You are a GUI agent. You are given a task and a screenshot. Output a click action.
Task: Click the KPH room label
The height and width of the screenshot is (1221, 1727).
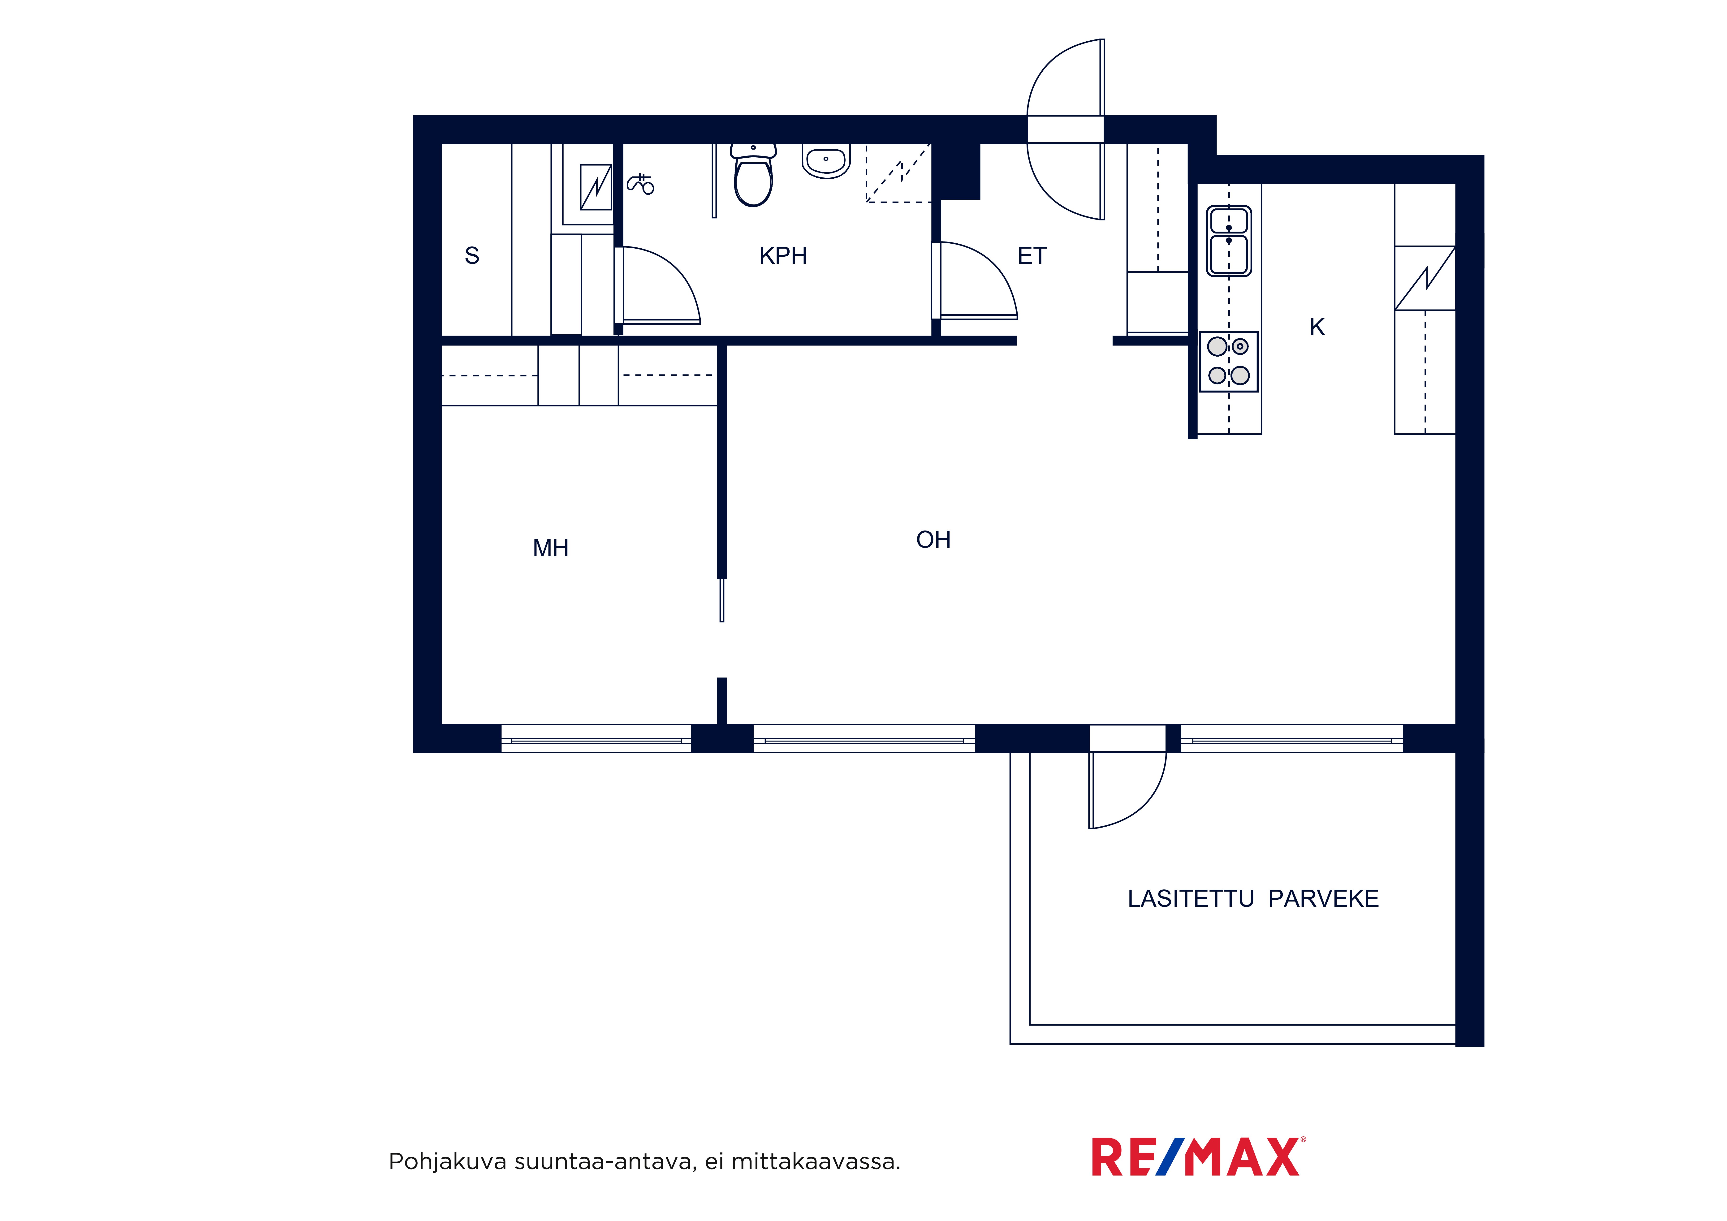[783, 256]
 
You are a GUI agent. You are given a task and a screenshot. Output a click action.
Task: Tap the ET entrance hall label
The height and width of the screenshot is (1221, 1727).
[1032, 256]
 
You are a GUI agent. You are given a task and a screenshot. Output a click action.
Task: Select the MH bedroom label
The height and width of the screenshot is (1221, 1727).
[551, 548]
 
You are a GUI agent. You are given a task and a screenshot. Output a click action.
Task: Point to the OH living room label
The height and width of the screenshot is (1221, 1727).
[933, 539]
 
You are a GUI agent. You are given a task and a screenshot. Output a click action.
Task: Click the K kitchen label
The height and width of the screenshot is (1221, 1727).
[1317, 327]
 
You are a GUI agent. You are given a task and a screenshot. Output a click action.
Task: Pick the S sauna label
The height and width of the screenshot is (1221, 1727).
[472, 256]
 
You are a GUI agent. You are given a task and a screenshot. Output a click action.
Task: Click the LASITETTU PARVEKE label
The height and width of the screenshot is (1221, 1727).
[1253, 898]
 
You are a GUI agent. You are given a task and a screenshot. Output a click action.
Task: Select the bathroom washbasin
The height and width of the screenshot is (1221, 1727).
[826, 160]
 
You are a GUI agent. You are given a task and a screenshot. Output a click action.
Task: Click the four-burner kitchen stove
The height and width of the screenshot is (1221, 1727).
[1228, 361]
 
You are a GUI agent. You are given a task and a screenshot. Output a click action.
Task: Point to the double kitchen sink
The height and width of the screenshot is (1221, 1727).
[1229, 241]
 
